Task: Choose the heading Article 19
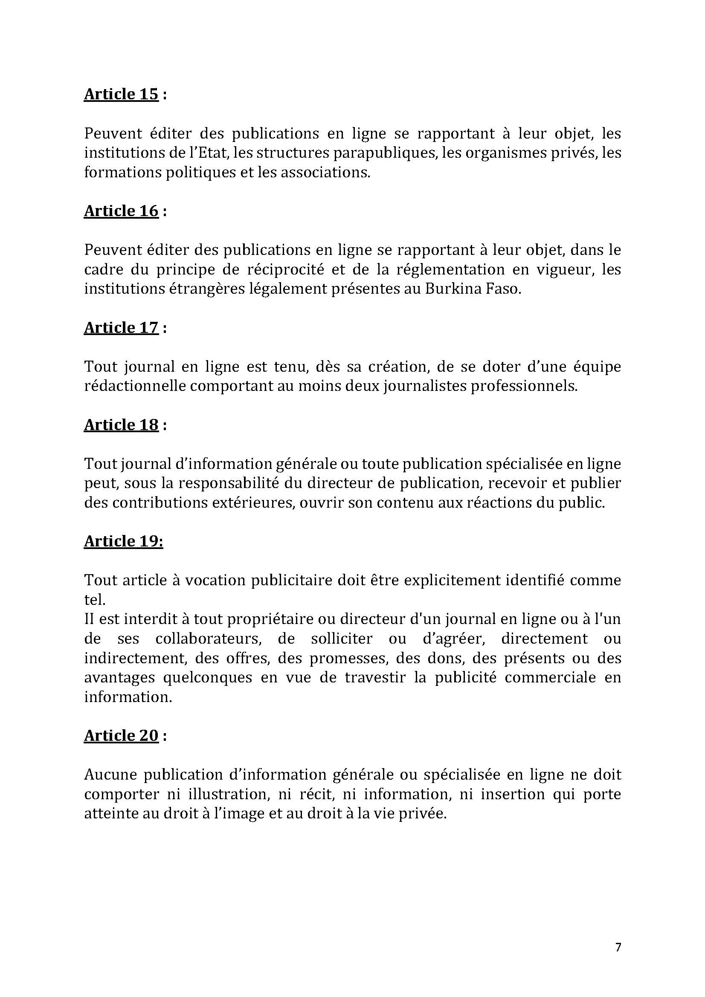pyautogui.click(x=123, y=541)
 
